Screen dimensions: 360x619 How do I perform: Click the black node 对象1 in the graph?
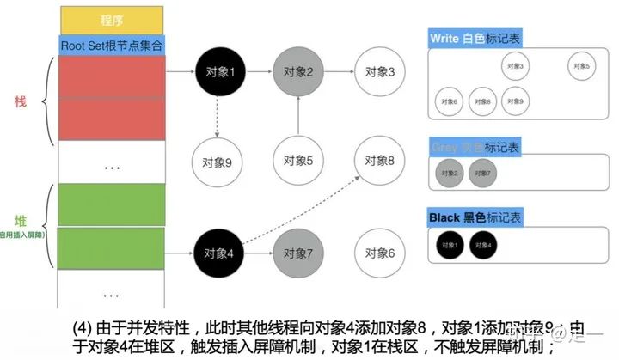[x=216, y=72]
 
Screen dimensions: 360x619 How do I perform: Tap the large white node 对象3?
[x=378, y=72]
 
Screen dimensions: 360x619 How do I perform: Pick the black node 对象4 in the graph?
[x=216, y=253]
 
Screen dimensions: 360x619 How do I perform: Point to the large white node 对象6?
[x=378, y=253]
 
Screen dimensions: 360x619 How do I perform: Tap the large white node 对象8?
[x=378, y=160]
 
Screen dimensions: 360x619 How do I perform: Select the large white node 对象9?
[x=216, y=160]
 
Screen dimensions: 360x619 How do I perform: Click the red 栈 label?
[x=21, y=101]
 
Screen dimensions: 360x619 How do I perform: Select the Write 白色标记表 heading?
[x=476, y=40]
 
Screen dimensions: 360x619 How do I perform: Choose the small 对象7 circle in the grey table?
[x=481, y=174]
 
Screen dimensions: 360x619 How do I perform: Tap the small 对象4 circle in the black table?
[x=481, y=244]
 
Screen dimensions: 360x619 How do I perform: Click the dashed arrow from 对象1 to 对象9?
[x=216, y=116]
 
